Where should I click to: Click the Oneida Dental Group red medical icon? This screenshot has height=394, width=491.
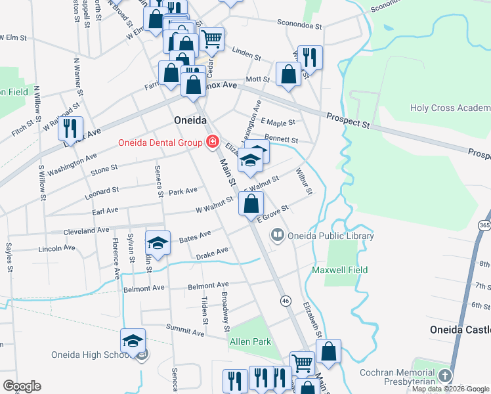point(212,142)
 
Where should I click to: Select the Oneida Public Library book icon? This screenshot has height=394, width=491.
point(278,235)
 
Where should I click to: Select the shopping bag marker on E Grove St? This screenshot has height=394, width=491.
point(251,204)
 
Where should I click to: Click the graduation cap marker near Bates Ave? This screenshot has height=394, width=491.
point(158,244)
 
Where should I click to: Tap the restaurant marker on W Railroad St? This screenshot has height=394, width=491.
point(70,129)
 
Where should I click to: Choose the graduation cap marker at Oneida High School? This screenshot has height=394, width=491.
point(133,341)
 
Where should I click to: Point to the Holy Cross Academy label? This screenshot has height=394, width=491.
point(450,108)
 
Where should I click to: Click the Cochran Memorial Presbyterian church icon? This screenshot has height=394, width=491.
point(445,376)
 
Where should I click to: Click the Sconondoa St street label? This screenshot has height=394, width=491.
point(299,25)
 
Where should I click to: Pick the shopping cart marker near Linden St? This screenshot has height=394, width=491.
point(211,39)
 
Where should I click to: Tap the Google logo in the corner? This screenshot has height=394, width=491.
point(22,386)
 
